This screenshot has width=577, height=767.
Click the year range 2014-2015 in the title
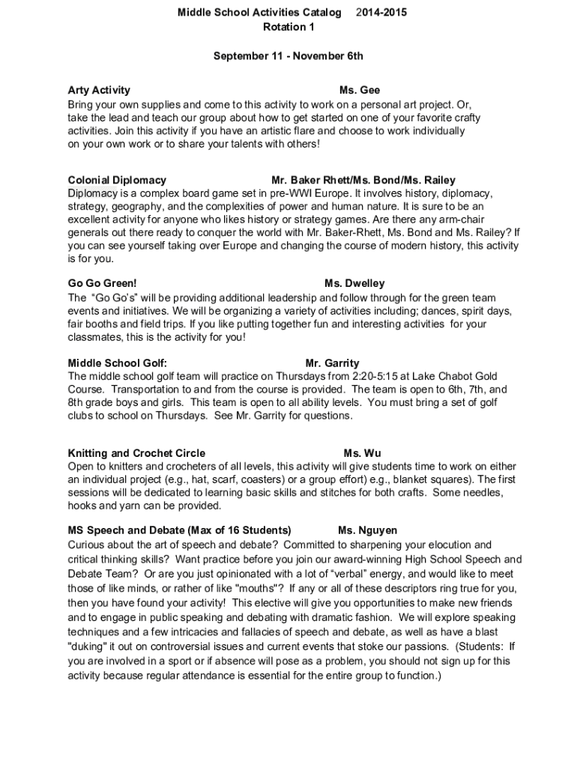382,13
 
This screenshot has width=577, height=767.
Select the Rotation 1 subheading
288,27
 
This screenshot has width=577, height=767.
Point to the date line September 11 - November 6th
288,56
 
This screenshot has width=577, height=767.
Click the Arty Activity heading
99,90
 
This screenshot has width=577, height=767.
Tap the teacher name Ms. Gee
360,90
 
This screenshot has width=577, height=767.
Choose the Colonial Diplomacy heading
117,180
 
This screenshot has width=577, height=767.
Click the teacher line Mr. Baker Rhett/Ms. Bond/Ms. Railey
363,180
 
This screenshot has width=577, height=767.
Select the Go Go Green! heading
103,283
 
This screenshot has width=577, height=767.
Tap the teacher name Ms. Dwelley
354,283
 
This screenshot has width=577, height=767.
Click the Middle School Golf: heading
118,363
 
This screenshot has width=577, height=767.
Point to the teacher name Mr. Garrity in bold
333,363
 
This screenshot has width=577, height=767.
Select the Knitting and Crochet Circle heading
136,453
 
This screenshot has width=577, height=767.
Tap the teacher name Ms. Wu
363,453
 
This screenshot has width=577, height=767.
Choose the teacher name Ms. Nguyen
368,530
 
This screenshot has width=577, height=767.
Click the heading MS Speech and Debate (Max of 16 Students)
180,530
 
